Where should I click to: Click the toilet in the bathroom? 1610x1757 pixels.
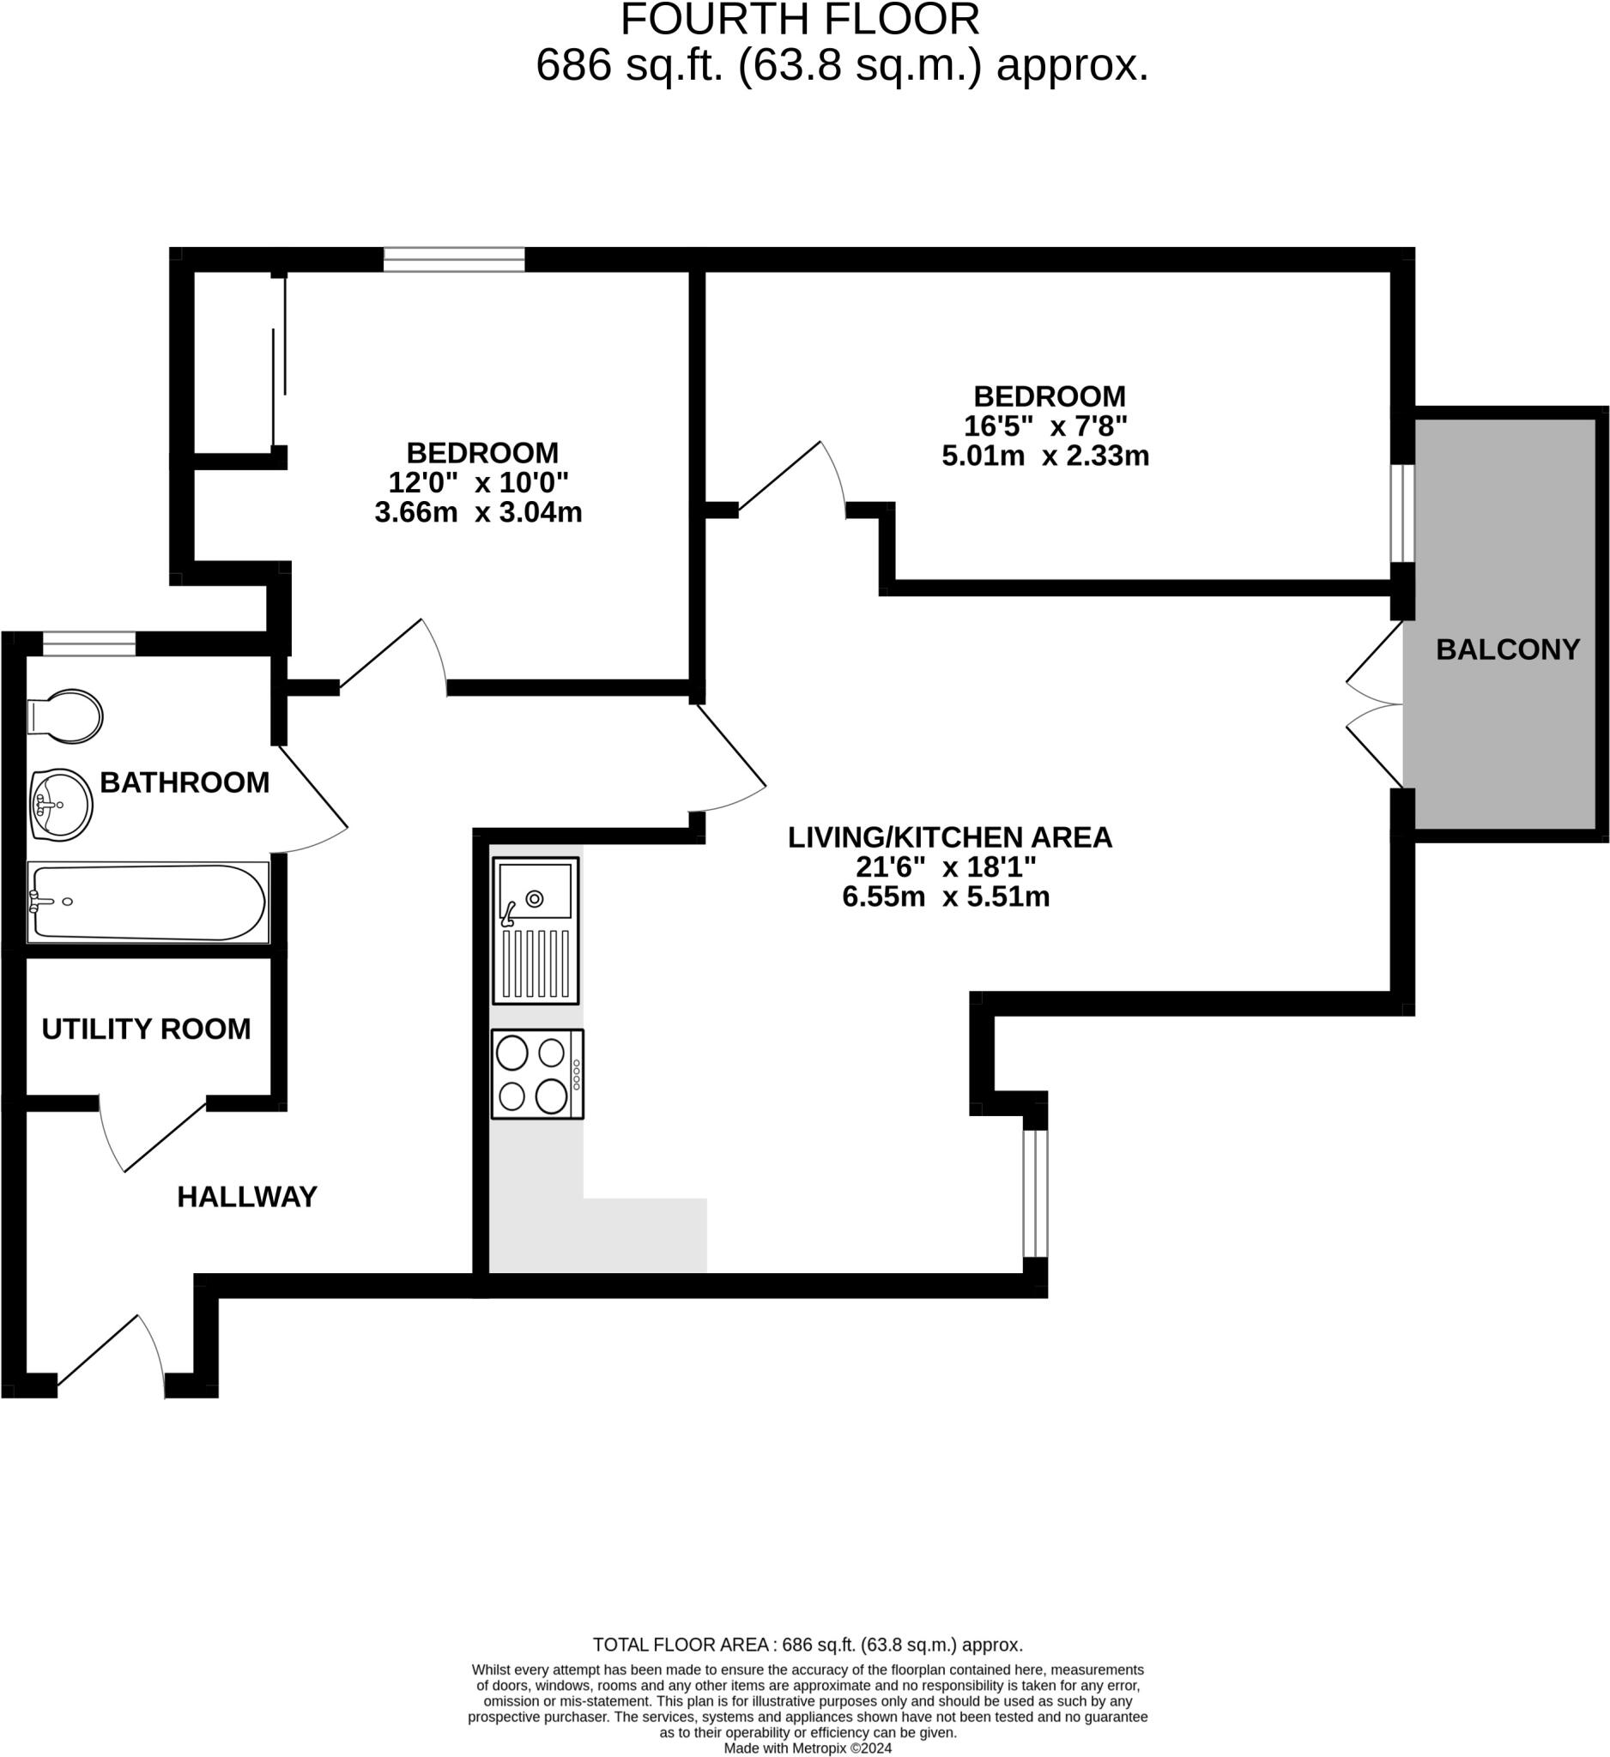click(66, 716)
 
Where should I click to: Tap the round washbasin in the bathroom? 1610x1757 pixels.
click(61, 805)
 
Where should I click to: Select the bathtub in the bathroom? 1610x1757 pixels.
click(147, 902)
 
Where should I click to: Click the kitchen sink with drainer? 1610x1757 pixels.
click(536, 930)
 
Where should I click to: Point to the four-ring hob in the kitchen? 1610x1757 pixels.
click(537, 1074)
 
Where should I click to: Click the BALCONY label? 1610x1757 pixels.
click(1507, 649)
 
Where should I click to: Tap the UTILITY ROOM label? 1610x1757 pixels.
click(146, 1029)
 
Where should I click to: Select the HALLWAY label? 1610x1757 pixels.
click(246, 1197)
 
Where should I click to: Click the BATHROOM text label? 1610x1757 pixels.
click(184, 782)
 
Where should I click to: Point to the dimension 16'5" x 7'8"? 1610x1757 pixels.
click(1044, 426)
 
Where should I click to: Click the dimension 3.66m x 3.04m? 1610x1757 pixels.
click(478, 511)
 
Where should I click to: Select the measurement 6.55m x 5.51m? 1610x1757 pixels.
click(945, 896)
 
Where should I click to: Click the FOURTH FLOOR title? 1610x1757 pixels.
click(799, 21)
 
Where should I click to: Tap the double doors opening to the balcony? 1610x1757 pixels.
click(1376, 704)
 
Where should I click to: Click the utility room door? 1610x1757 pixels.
click(153, 1133)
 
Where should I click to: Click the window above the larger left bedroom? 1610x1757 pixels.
click(454, 260)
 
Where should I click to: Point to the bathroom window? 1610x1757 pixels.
click(89, 644)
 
